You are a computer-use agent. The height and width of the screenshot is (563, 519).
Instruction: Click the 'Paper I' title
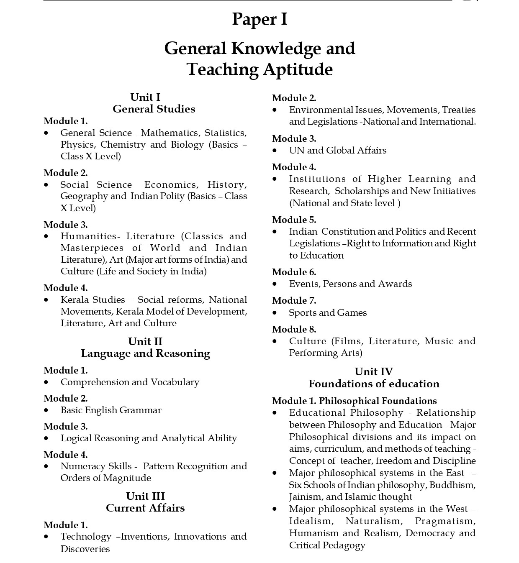pyautogui.click(x=259, y=19)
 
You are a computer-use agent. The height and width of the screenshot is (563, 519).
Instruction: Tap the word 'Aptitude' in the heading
pyautogui.click(x=297, y=69)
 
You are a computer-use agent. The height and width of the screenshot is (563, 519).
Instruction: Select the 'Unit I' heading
pyautogui.click(x=145, y=97)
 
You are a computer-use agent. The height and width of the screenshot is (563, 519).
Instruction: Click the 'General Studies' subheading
pyautogui.click(x=154, y=109)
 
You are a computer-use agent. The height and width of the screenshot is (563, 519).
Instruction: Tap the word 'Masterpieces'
pyautogui.click(x=92, y=248)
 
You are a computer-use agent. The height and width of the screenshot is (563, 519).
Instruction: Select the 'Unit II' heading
pyautogui.click(x=145, y=341)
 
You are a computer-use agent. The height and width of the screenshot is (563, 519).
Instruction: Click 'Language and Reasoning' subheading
pyautogui.click(x=145, y=353)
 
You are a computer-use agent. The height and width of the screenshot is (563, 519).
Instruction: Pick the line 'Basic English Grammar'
pyautogui.click(x=111, y=410)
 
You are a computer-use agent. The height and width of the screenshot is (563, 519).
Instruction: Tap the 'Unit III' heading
pyautogui.click(x=145, y=496)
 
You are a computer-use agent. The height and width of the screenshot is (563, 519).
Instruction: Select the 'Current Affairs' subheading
pyautogui.click(x=145, y=508)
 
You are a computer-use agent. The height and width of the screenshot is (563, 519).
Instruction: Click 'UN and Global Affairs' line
pyautogui.click(x=337, y=150)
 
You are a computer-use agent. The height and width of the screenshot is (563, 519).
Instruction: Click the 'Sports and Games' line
pyautogui.click(x=328, y=312)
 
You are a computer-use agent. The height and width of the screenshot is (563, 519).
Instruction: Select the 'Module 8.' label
pyautogui.click(x=294, y=329)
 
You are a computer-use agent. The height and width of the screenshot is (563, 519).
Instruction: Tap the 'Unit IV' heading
pyautogui.click(x=373, y=371)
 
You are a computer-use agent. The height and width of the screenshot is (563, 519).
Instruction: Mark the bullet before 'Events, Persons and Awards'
pyautogui.click(x=275, y=284)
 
